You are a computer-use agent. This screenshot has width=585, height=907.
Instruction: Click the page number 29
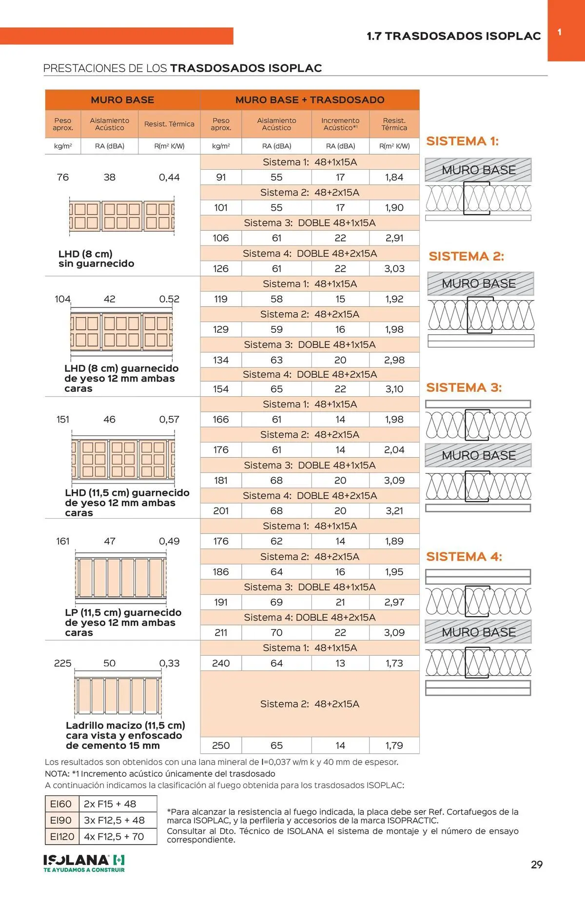point(536,865)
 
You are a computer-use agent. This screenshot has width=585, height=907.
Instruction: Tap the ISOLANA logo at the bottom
point(84,863)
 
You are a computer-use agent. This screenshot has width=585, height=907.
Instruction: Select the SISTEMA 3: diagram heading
point(464,387)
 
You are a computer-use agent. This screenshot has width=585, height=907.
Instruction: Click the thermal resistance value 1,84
point(394,177)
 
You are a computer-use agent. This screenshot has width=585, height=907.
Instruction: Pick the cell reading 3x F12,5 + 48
point(114,820)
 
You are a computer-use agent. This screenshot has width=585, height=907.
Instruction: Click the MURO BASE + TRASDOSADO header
point(310,100)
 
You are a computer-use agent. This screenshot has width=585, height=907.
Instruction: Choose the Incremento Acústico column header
point(340,124)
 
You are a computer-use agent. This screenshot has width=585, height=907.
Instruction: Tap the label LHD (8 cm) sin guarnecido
point(96,259)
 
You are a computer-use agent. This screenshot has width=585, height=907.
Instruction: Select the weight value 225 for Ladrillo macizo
point(62,663)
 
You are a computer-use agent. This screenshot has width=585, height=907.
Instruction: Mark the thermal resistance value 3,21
point(394,511)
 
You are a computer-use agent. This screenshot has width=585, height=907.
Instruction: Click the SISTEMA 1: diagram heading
point(462,141)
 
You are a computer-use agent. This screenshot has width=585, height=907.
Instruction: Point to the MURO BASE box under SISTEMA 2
point(480,283)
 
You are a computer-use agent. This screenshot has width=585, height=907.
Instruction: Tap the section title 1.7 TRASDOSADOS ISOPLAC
point(453,36)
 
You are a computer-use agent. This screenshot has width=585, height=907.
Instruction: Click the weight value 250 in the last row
point(221,746)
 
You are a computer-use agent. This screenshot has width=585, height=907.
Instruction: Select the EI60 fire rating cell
point(61,804)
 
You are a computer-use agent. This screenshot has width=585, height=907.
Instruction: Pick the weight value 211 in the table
point(221,632)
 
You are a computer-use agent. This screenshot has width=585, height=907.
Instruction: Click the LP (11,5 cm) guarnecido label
point(123,622)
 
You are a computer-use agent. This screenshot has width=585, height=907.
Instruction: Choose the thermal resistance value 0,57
point(169,419)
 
